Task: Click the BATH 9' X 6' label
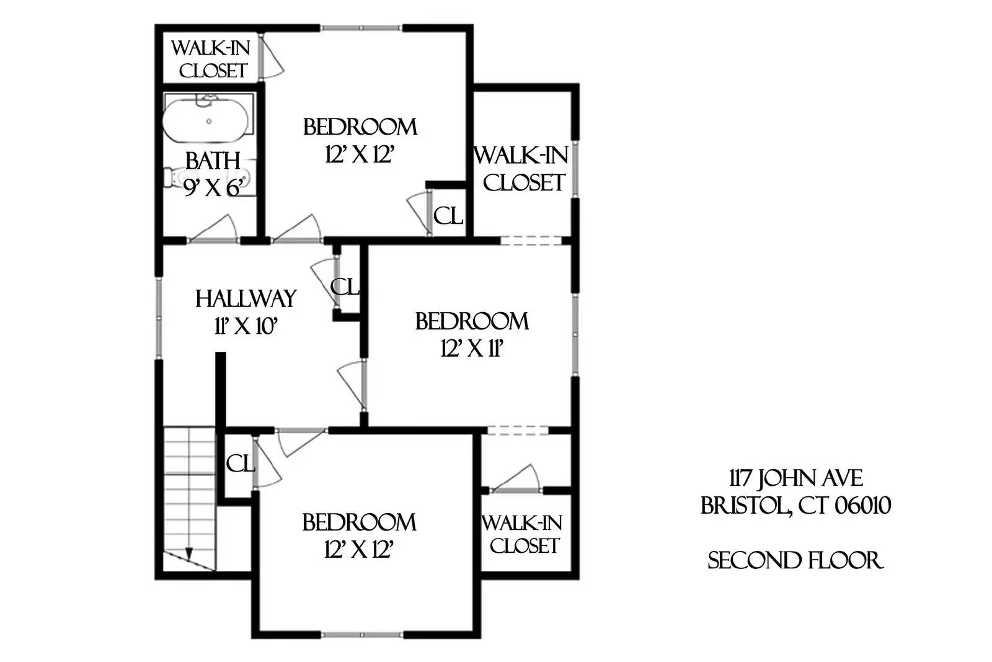[x=212, y=173]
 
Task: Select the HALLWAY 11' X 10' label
[x=246, y=311]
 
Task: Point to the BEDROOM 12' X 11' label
[x=471, y=335]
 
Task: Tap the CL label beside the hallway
[x=345, y=287]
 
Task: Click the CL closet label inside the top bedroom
[x=448, y=216]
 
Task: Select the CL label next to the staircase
[x=240, y=463]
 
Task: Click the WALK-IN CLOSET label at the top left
[x=210, y=59]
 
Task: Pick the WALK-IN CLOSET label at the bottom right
[x=523, y=534]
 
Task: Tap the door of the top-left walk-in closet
[x=270, y=57]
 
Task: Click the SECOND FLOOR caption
[x=795, y=560]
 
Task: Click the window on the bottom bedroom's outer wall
[x=362, y=634]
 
